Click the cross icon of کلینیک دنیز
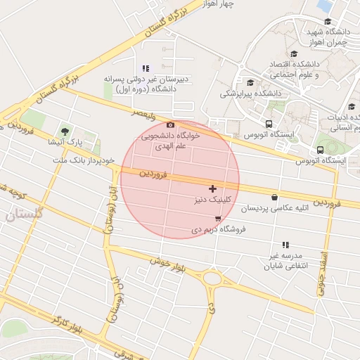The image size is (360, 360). tap(212, 188)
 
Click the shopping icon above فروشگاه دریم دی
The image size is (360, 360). tap(217, 219)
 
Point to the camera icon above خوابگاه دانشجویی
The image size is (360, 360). tap(170, 124)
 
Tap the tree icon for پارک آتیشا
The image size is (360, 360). tap(65, 131)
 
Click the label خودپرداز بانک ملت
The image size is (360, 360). tap(83, 160)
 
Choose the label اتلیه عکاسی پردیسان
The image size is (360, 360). tap(274, 209)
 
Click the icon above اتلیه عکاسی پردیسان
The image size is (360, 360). tap(274, 198)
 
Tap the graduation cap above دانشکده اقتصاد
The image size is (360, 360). tap(293, 53)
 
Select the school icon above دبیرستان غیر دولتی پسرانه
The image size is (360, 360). tap(146, 68)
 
